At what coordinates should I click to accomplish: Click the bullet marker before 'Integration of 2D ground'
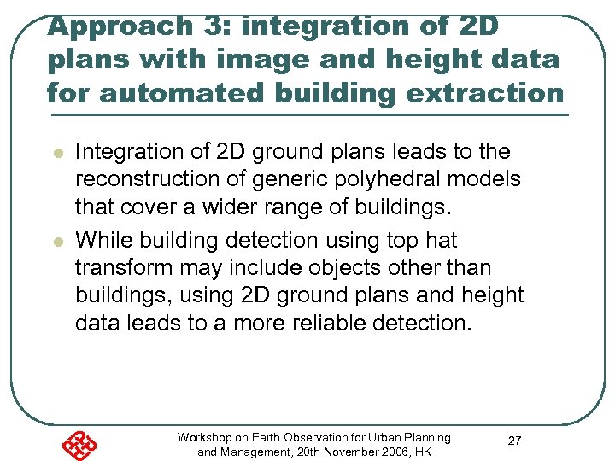pos(56,154)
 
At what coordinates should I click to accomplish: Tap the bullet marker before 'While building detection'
pos(56,242)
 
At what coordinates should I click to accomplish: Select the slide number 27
pos(515,441)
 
